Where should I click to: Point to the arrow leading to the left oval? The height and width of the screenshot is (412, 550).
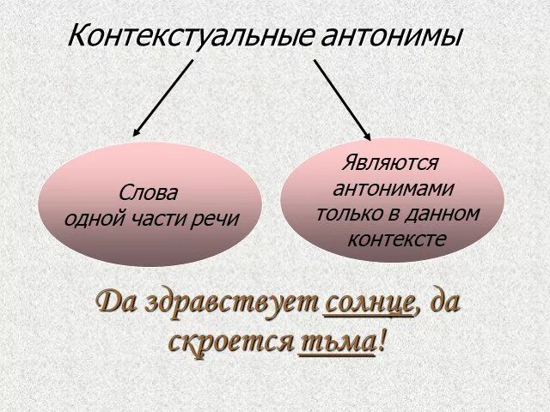pyautogui.click(x=163, y=97)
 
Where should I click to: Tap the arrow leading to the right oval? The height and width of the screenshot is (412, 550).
pyautogui.click(x=342, y=99)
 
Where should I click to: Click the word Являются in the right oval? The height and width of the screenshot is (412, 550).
pyautogui.click(x=390, y=162)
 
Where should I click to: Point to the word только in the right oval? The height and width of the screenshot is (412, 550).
pyautogui.click(x=348, y=212)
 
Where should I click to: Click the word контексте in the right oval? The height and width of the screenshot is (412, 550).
pyautogui.click(x=397, y=238)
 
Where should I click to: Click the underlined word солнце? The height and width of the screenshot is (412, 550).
pyautogui.click(x=370, y=303)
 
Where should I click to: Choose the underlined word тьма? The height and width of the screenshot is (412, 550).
pyautogui.click(x=337, y=342)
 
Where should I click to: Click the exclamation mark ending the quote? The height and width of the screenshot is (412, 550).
pyautogui.click(x=382, y=342)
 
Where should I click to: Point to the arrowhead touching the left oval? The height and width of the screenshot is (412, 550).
pyautogui.click(x=137, y=131)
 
